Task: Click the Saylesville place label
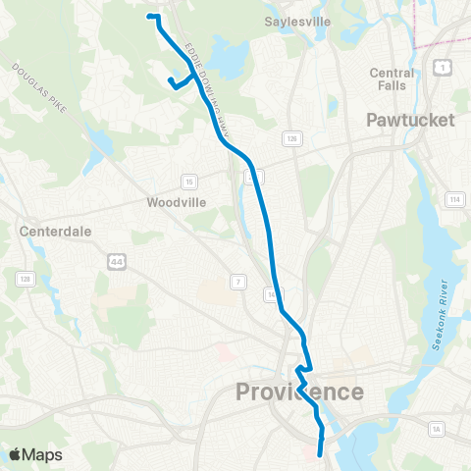(x=298, y=21)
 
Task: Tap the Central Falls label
(x=392, y=79)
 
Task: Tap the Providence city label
(x=299, y=392)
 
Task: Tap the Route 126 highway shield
(x=292, y=140)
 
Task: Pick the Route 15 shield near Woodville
(x=188, y=182)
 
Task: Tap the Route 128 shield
(x=21, y=280)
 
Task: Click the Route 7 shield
(x=236, y=283)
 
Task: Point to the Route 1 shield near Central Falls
(x=442, y=68)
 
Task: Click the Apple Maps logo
(x=35, y=454)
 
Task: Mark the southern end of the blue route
(x=321, y=455)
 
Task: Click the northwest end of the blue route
(x=149, y=17)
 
